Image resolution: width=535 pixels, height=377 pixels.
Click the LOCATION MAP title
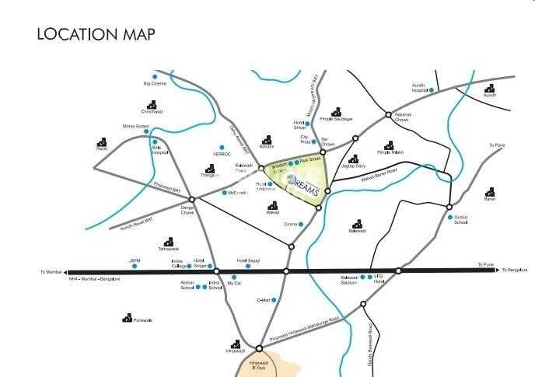coord(96,34)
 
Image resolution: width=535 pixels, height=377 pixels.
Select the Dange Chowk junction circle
coord(191,200)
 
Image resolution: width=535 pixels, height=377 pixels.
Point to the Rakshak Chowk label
coord(402,117)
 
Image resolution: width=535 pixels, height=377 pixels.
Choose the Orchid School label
coord(461,219)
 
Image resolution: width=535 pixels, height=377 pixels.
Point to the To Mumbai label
coord(51,272)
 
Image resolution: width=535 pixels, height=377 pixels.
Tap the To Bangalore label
coord(515,270)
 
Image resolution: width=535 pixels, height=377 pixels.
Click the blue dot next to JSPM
coord(135,267)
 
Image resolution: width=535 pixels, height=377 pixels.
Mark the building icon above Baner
coord(490,192)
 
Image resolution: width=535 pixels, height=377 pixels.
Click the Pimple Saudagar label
coord(336,119)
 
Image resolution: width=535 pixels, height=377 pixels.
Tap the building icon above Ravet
coord(102,142)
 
